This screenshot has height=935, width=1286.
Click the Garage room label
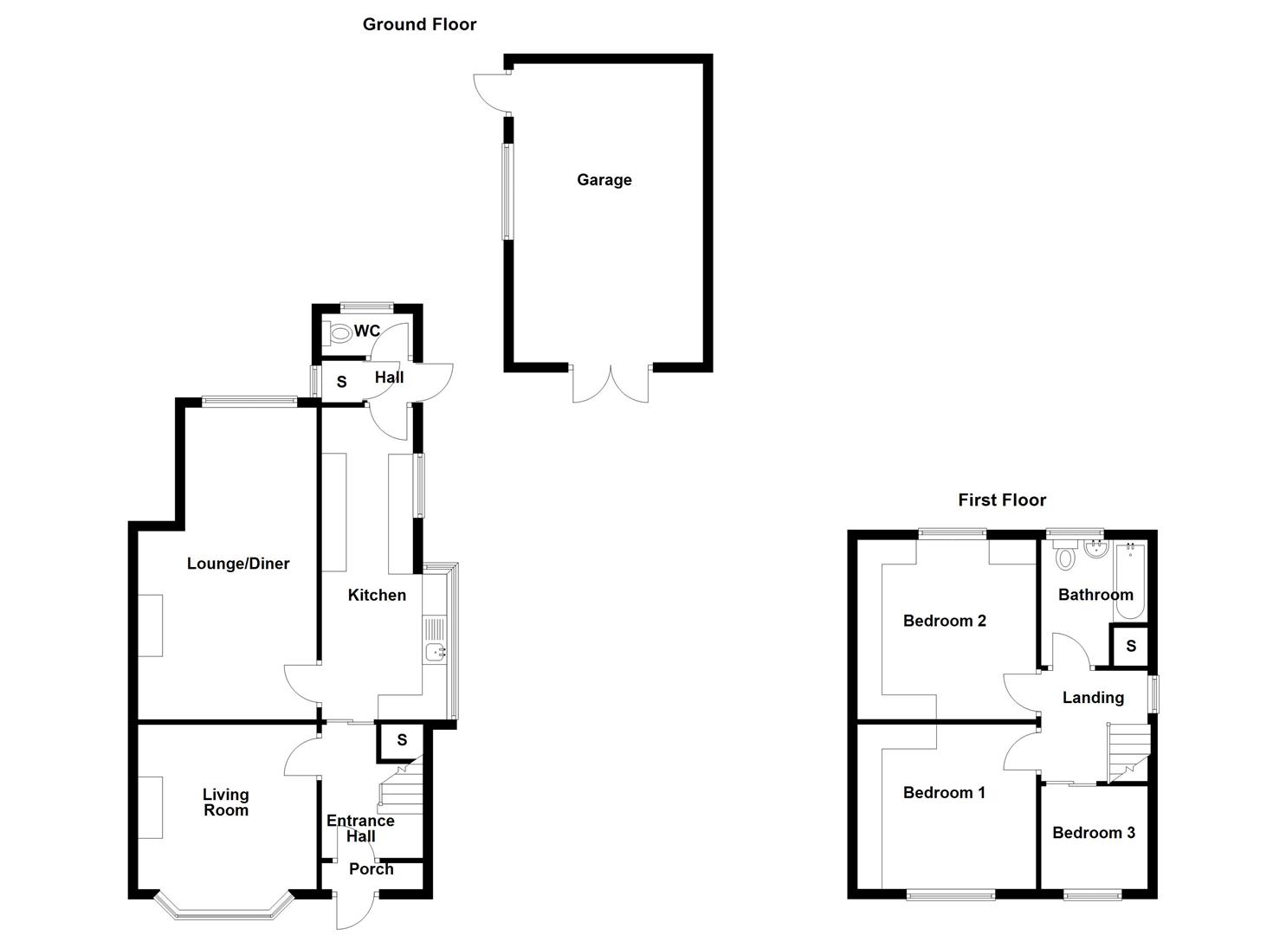tap(604, 180)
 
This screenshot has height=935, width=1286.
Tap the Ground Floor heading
tap(419, 24)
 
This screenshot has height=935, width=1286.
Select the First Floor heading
tap(1002, 500)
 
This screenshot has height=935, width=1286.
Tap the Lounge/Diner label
tap(238, 564)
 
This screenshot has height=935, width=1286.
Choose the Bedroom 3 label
tap(1093, 833)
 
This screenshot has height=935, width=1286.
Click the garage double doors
tap(611, 385)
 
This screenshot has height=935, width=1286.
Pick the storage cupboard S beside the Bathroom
tap(1130, 647)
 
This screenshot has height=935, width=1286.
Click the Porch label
tap(371, 869)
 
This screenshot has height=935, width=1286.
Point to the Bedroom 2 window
tap(953, 533)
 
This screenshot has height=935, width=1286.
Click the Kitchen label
tap(377, 595)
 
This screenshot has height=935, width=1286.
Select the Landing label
tap(1093, 698)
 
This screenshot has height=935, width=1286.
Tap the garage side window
tap(507, 190)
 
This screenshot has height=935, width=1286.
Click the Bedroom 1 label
tap(944, 792)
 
